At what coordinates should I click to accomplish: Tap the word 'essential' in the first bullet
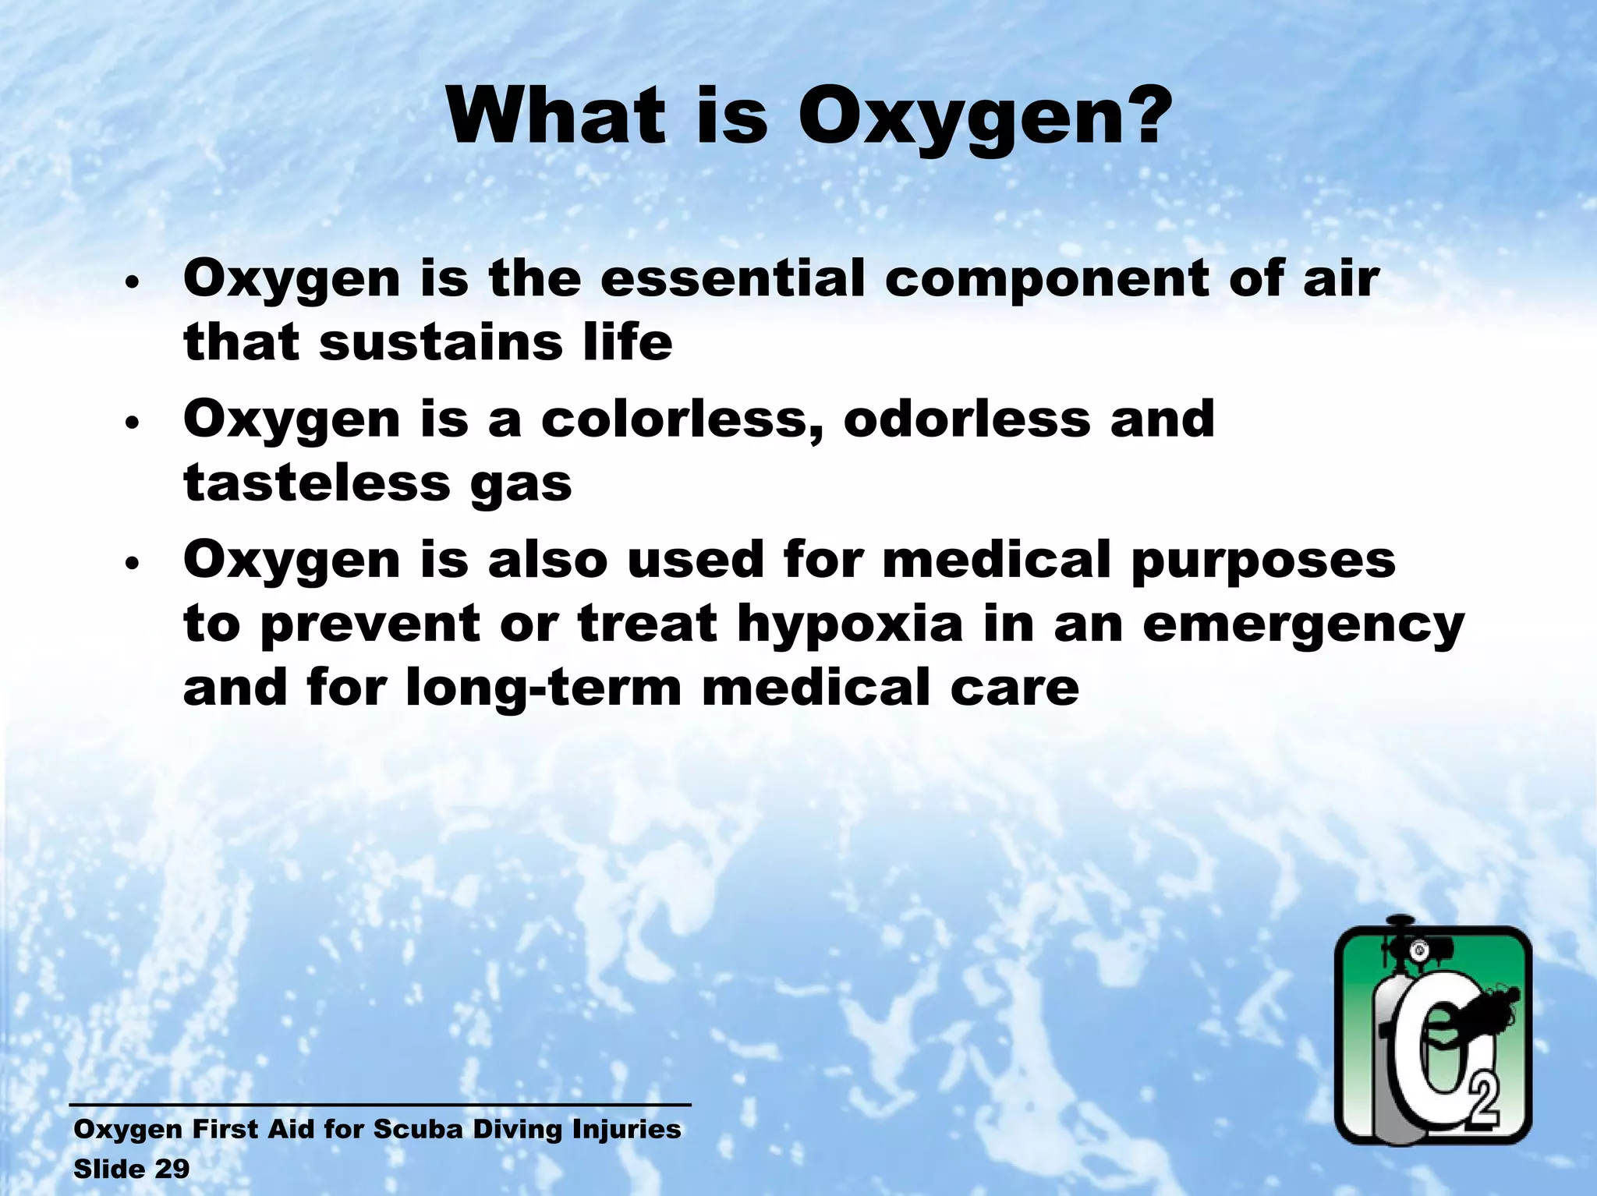point(732,278)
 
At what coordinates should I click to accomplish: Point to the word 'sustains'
point(441,343)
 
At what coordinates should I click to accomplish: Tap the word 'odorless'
point(966,419)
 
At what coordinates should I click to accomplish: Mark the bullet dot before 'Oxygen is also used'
point(133,563)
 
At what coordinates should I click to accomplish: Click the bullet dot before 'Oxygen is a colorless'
point(133,423)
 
